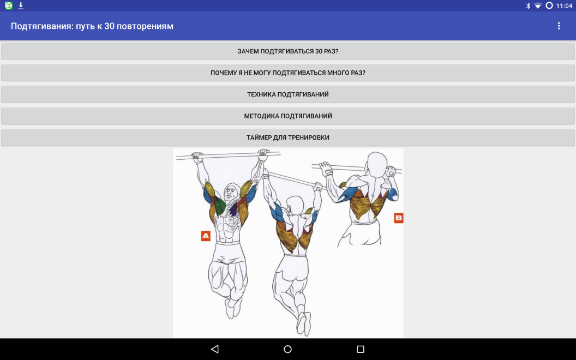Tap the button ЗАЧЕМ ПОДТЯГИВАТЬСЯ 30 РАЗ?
click(288, 51)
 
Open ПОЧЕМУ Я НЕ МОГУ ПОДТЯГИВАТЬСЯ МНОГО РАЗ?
click(288, 73)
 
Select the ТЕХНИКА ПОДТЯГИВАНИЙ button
click(288, 94)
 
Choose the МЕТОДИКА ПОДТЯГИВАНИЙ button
click(288, 116)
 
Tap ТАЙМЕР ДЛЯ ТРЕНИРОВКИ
click(288, 137)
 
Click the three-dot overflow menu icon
click(559, 26)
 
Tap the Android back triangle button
click(215, 349)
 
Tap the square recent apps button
click(361, 349)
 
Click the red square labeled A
click(206, 236)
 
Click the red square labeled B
click(399, 218)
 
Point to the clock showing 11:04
click(564, 6)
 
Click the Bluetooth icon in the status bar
click(528, 6)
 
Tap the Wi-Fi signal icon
click(538, 6)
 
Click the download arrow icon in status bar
click(21, 6)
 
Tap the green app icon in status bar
click(9, 5)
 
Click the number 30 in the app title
click(110, 26)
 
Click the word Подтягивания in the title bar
click(40, 26)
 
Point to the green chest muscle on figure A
click(219, 205)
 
